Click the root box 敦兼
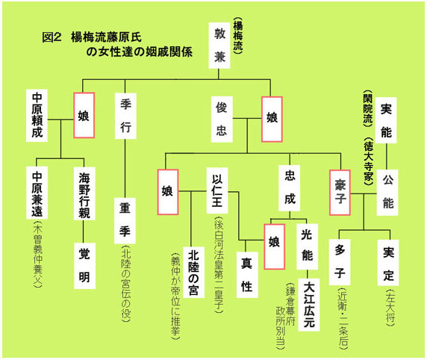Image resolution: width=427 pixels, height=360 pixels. click(219, 46)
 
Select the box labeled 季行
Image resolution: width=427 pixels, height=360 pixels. click(125, 116)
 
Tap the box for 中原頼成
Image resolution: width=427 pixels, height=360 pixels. click(37, 115)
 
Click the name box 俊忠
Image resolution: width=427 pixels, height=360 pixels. click(222, 119)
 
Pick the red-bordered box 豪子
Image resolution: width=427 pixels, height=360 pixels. click(340, 193)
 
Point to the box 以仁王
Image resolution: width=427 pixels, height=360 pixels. click(217, 190)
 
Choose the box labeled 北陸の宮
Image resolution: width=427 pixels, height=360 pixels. click(193, 273)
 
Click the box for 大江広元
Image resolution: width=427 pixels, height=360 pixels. click(309, 305)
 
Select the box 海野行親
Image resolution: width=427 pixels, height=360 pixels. click(84, 193)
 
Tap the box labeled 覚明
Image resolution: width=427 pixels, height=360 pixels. click(84, 266)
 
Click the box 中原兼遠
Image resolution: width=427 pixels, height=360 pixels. click(37, 193)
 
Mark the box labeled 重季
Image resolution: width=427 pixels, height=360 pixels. click(125, 221)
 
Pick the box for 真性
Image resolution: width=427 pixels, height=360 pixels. click(247, 275)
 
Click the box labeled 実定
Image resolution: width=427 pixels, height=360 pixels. click(388, 263)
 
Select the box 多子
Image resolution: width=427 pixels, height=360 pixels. click(340, 262)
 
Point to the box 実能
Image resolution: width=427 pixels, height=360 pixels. click(386, 120)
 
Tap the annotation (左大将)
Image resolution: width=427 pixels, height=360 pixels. click(390, 306)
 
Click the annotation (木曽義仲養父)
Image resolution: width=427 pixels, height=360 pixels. click(37, 255)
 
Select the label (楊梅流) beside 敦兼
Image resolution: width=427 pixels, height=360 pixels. click(237, 36)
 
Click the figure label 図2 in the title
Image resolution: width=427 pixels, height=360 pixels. click(52, 37)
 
